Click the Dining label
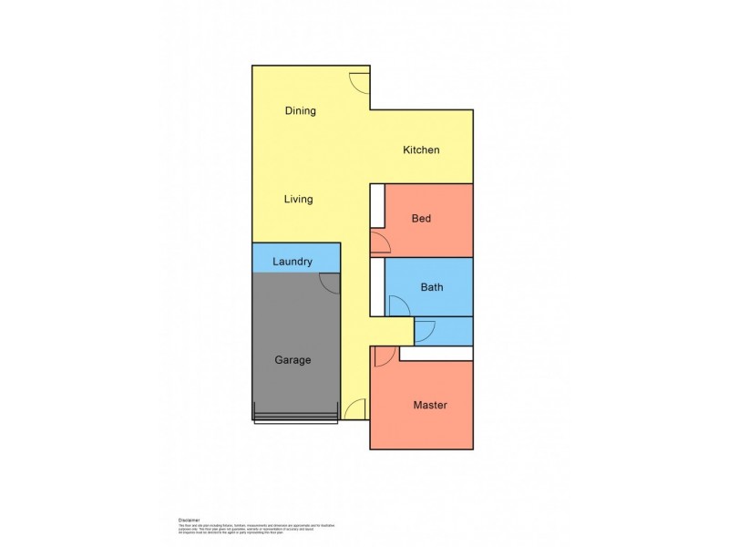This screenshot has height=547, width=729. point(300,111)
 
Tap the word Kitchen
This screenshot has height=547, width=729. point(422,150)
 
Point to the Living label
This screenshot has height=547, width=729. point(298,199)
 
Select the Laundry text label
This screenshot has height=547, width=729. point(293,262)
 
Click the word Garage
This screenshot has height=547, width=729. point(293,360)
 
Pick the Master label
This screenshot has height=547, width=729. point(430,405)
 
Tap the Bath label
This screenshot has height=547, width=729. point(432,287)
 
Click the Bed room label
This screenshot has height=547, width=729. point(421,219)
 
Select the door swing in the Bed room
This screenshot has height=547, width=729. point(381,243)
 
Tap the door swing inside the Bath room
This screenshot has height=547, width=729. point(398,306)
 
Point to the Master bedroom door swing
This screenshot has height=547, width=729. point(383,356)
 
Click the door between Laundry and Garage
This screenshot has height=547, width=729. point(330,283)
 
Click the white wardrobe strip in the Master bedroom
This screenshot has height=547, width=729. point(436,354)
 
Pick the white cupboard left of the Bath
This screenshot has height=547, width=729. point(377,287)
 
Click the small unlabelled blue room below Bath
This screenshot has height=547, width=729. point(444,330)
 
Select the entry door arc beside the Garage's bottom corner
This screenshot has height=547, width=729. point(356,410)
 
